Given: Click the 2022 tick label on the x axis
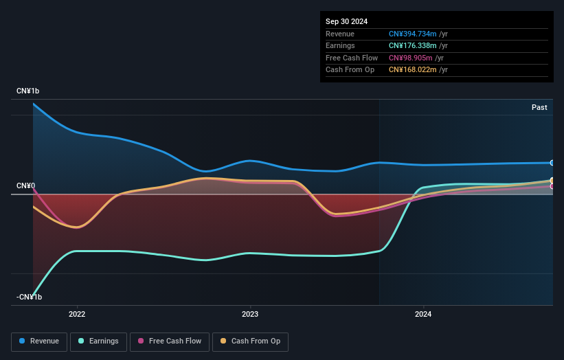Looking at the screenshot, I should [77, 315].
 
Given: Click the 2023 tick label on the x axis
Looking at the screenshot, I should [250, 315].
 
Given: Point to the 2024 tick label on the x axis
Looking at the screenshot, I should [423, 315].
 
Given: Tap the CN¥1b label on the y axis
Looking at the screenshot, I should [29, 91].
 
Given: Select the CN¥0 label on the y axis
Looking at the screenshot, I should [26, 186].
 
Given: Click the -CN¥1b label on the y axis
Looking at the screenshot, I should [30, 297].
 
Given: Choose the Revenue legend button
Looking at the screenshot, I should [39, 341].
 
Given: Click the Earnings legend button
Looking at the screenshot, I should [99, 341].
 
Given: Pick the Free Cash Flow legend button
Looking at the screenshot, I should [170, 341].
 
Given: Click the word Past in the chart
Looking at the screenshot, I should [539, 107].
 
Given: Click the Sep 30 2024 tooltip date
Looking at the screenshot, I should [346, 21].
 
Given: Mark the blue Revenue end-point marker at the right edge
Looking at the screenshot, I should [552, 163].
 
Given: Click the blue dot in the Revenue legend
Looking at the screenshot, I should [23, 341].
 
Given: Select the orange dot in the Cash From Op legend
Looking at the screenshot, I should [223, 341].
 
